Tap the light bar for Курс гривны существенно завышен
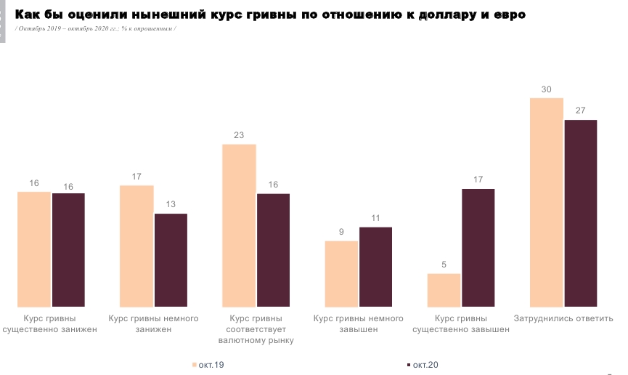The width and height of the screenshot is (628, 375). tap(444, 290)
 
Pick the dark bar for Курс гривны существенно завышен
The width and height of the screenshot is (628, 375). tap(478, 248)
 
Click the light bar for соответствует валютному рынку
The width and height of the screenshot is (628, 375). tap(239, 225)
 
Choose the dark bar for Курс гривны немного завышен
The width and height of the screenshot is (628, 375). tap(375, 267)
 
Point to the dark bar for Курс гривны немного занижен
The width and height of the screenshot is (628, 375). tap(171, 260)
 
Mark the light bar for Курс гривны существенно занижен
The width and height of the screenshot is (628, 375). tap(34, 249)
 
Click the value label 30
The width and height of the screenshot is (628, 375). tap(547, 89)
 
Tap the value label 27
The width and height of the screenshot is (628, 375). tap(580, 110)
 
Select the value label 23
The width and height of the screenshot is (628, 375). tap(239, 135)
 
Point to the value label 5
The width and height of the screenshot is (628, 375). tap(444, 265)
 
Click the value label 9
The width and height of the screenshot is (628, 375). tap(341, 232)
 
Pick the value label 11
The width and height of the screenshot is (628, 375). tap(375, 218)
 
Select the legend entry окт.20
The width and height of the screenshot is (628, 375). tap(423, 365)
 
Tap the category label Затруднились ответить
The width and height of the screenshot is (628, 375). tap(563, 318)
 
